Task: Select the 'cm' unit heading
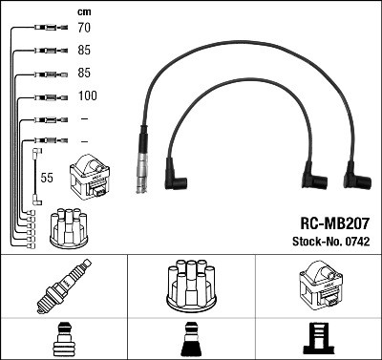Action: (x=84, y=11)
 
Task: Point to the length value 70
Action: (x=85, y=29)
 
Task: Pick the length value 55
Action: (x=46, y=178)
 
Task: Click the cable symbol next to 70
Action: (x=46, y=29)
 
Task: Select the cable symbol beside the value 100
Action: (x=46, y=97)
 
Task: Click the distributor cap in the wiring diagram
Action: (x=69, y=227)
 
